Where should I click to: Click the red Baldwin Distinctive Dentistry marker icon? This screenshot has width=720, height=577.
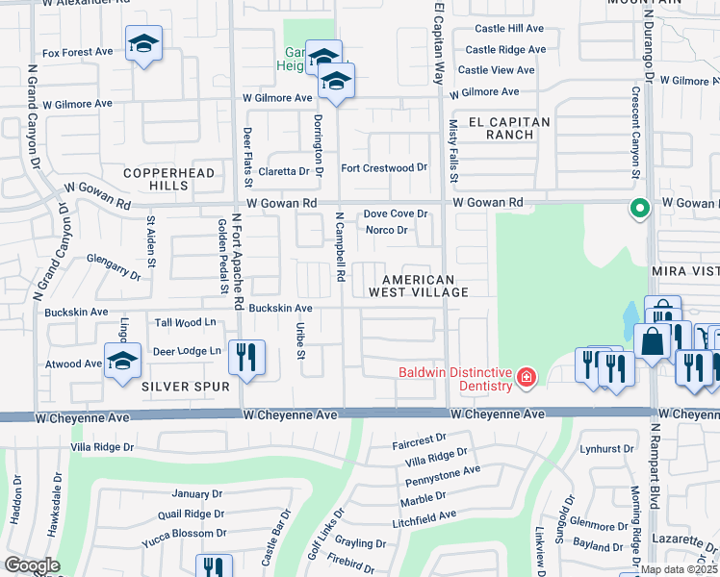(526, 376)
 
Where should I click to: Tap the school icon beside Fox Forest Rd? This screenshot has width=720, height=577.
(143, 43)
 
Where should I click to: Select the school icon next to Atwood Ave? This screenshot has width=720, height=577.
(122, 362)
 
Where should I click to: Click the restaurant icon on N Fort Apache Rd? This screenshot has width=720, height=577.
(246, 359)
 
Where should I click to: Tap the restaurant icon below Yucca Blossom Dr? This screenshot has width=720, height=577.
(214, 567)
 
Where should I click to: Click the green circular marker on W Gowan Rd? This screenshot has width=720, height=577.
(637, 208)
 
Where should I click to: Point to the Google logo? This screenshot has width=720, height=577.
(32, 565)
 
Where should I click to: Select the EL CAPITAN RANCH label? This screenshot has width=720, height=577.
(496, 128)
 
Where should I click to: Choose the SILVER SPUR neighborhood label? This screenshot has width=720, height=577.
(185, 387)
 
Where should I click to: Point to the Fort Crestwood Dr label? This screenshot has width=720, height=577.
(384, 167)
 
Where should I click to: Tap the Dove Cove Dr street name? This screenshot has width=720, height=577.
(394, 214)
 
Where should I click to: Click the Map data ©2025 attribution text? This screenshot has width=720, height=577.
(679, 569)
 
